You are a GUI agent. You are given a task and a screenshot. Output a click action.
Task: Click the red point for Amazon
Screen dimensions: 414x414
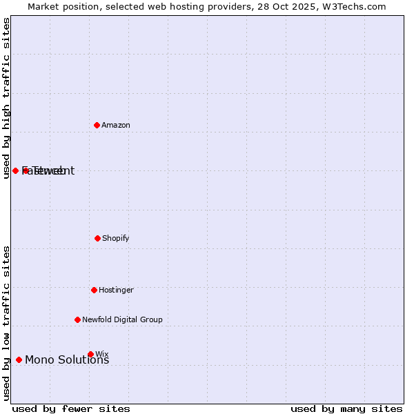[97, 125]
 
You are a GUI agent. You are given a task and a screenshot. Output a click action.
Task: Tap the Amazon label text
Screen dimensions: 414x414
[116, 126]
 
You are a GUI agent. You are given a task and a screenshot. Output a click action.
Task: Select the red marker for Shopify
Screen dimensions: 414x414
[97, 238]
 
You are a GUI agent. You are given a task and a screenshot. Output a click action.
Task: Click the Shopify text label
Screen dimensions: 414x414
[116, 239]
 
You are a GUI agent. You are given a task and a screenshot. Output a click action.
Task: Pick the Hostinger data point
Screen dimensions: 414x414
[94, 290]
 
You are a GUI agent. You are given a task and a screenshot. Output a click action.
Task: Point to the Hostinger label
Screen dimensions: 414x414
[116, 290]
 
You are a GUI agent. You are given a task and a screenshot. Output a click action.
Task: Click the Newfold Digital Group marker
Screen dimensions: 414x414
[77, 319]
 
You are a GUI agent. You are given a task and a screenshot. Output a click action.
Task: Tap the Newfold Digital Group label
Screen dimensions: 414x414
[122, 320]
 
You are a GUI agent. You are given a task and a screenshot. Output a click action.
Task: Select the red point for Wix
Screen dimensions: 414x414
[90, 354]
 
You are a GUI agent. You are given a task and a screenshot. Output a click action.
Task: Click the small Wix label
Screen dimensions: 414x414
[102, 354]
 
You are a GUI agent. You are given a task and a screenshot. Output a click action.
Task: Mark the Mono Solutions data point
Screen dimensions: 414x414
[19, 359]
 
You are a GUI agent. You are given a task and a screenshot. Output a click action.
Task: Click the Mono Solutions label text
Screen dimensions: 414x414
[67, 360]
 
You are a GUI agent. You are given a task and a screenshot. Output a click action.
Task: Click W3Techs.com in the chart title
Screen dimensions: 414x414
[357, 7]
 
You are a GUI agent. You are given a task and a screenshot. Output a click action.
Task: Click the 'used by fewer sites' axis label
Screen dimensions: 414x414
[71, 409]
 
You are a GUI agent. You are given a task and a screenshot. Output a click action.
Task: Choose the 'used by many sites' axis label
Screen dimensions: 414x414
[346, 409]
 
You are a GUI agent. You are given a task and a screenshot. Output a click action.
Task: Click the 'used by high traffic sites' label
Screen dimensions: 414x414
[6, 98]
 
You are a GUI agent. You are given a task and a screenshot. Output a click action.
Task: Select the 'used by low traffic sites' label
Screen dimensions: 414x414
[6, 323]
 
